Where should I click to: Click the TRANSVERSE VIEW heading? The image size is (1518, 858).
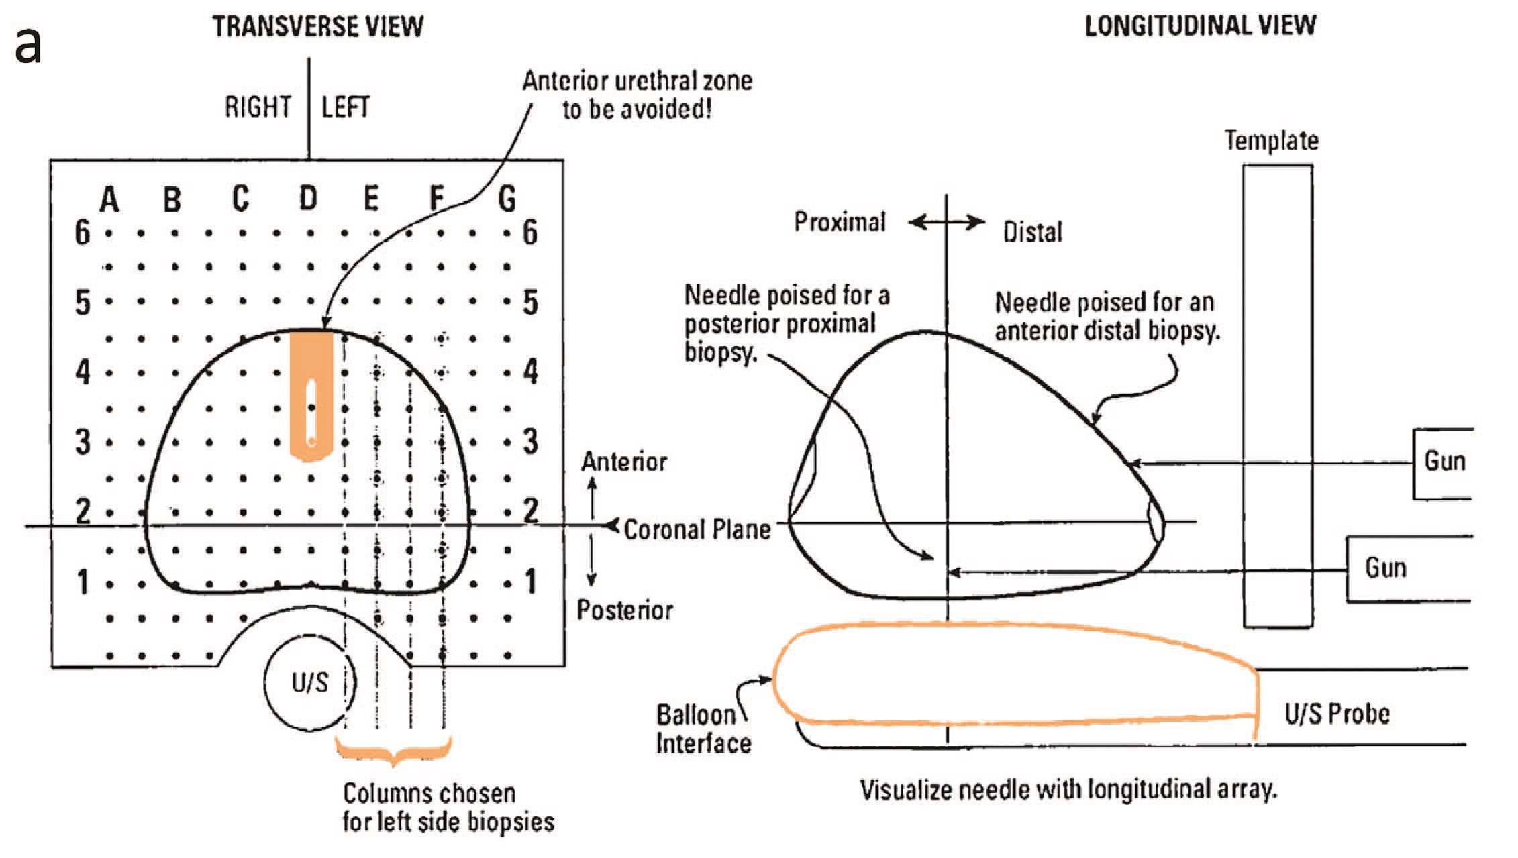click(318, 27)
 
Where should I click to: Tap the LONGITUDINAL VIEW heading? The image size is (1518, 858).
click(1200, 26)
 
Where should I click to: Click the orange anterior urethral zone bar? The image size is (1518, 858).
click(311, 396)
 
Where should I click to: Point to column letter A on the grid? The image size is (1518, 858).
click(109, 200)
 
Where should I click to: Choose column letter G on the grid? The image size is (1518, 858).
click(507, 199)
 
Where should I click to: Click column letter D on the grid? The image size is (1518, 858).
click(308, 199)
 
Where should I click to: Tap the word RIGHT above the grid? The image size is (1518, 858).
click(258, 107)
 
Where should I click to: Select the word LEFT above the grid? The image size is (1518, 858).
click(346, 107)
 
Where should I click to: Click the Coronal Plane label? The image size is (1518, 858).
click(697, 530)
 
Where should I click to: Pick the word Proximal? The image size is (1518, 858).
click(840, 222)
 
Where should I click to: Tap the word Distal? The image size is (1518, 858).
click(1032, 232)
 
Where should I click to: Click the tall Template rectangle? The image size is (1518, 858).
click(1277, 396)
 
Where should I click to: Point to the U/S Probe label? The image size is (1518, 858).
click(1337, 714)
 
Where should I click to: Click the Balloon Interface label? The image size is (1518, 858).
click(703, 729)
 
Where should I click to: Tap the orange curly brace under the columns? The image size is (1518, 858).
click(393, 751)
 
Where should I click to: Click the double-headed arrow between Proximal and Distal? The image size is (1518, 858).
click(947, 222)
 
